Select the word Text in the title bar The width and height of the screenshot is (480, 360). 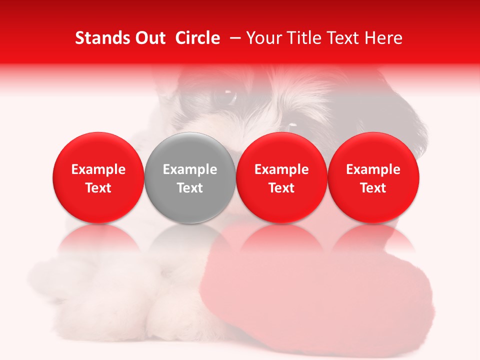tap(340, 38)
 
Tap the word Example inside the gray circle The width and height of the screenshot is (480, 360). tap(190, 169)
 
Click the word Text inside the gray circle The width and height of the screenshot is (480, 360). tap(190, 188)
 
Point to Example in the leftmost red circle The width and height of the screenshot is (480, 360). tap(98, 169)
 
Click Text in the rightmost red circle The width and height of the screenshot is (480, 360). tap(373, 188)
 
